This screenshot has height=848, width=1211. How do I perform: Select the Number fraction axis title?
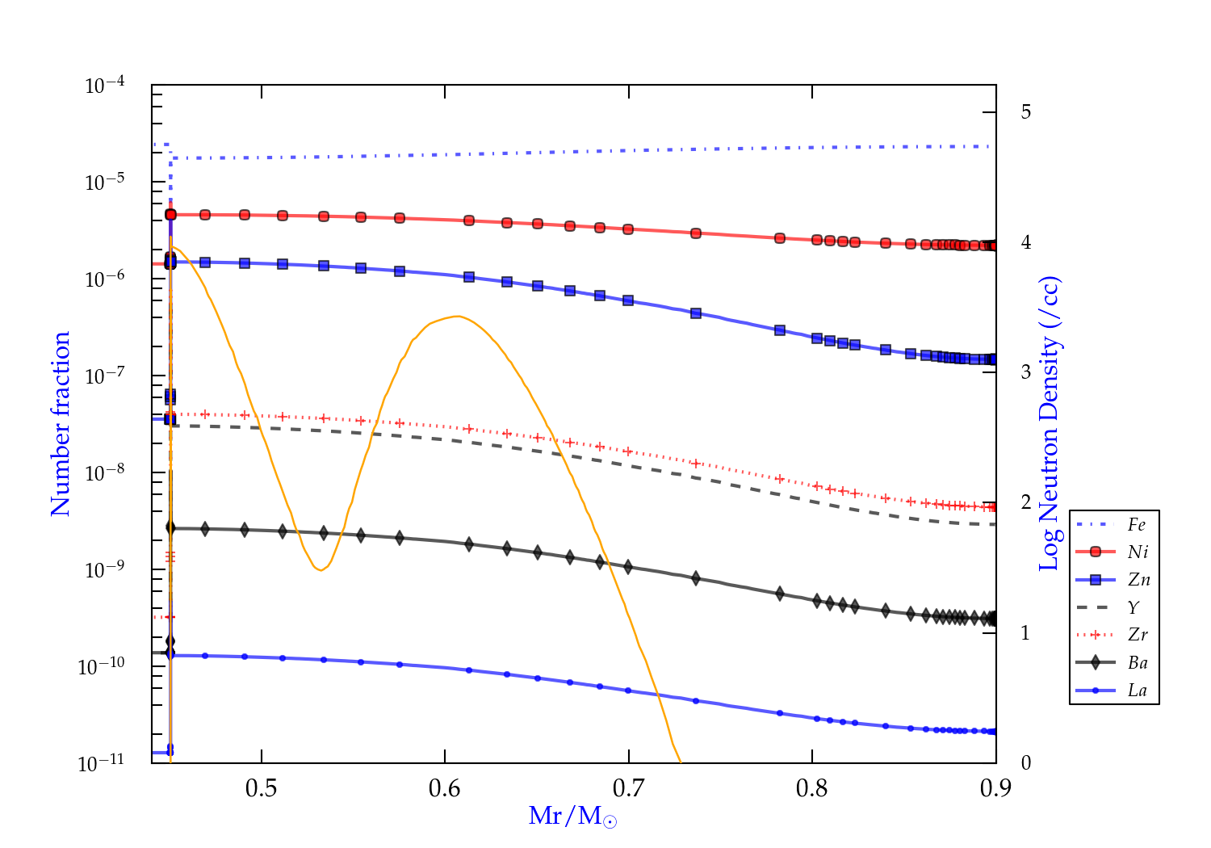click(61, 424)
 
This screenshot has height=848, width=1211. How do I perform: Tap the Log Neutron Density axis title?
click(1049, 424)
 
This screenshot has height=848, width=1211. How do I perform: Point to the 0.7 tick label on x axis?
click(628, 788)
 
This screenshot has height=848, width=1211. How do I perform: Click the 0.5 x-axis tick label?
click(261, 788)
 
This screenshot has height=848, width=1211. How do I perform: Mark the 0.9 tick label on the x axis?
click(995, 788)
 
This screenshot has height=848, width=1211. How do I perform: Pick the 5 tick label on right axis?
click(1025, 111)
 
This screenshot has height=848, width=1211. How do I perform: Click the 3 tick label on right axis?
click(1025, 372)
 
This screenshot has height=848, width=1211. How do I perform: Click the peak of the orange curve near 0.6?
click(458, 316)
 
